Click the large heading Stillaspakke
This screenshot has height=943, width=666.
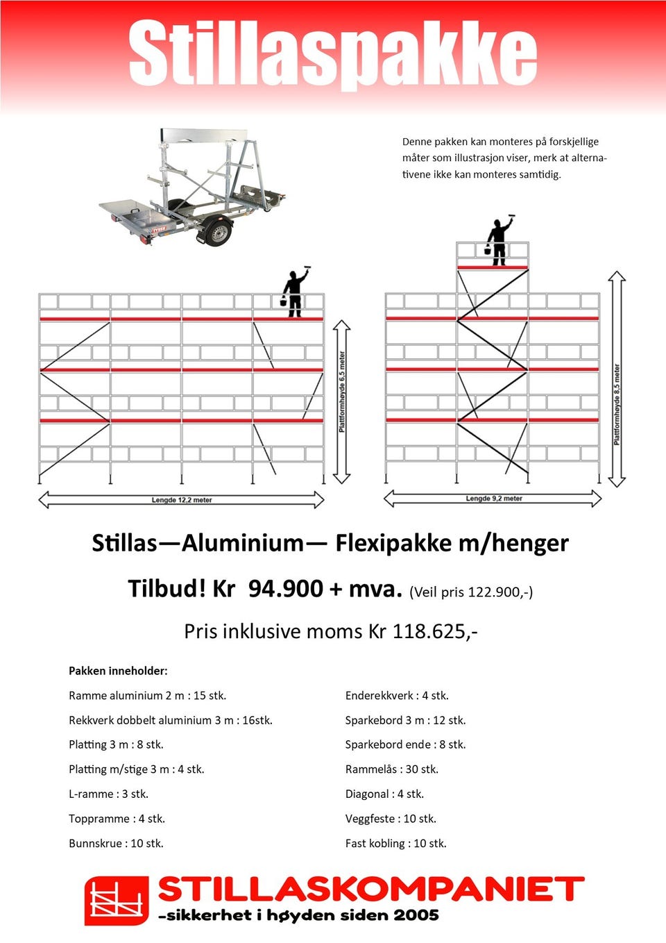click(333, 54)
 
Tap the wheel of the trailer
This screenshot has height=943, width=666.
click(219, 232)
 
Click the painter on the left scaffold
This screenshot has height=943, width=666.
click(295, 292)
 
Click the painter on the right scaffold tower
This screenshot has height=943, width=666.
click(499, 241)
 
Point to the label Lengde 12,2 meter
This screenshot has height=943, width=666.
click(182, 500)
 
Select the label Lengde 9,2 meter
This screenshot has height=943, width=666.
click(494, 499)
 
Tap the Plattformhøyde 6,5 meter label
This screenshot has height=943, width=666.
click(342, 392)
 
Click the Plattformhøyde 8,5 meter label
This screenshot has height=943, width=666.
click(617, 404)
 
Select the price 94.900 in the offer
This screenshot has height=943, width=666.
click(285, 589)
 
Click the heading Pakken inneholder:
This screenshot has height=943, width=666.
click(118, 671)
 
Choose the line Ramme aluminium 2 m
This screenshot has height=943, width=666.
click(147, 696)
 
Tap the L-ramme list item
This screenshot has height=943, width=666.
click(108, 794)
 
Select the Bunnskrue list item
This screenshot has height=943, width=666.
click(116, 844)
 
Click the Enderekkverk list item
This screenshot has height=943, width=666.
click(397, 696)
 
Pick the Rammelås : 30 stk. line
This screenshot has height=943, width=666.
click(392, 769)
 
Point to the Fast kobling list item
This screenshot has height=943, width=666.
click(395, 844)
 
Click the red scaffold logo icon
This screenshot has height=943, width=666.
click(117, 900)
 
